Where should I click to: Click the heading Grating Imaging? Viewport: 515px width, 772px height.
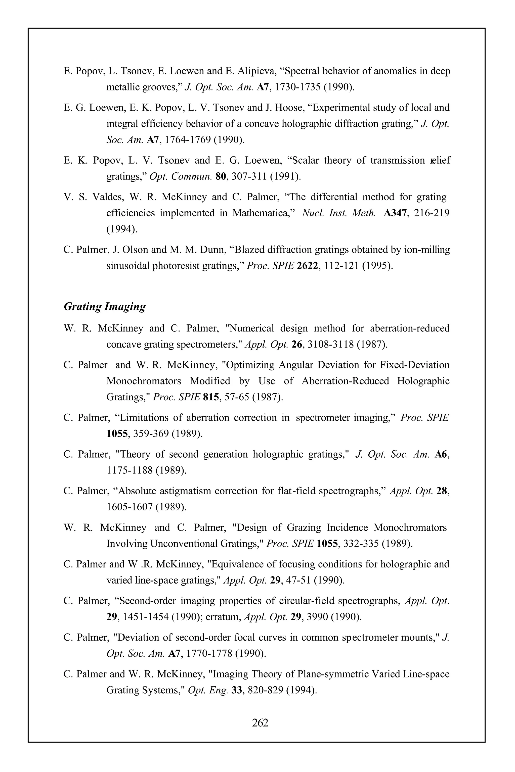(x=104, y=307)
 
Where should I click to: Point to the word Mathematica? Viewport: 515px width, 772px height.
(x=259, y=213)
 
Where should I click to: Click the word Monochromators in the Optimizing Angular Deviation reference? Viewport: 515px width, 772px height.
(x=144, y=381)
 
